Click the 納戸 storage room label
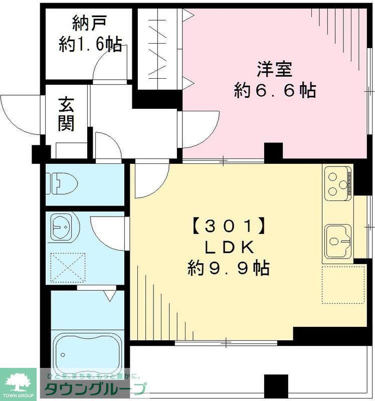[x=89, y=23]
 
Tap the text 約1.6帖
[x=90, y=45]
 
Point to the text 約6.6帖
[x=275, y=90]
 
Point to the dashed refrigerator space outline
[x=343, y=284]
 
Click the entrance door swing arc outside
[x=20, y=114]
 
